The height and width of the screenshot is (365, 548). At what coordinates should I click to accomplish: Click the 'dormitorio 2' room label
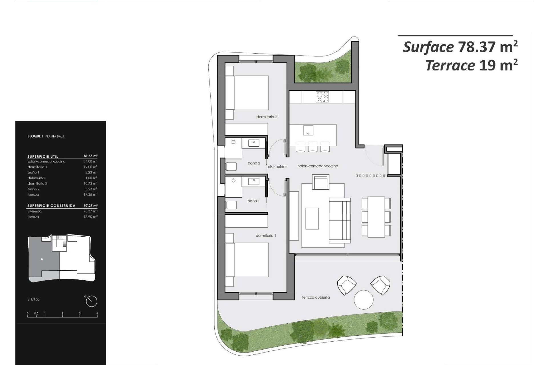pos(267,117)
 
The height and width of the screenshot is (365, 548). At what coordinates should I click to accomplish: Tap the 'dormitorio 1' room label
pos(266,236)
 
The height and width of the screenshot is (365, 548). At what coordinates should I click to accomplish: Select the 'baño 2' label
pos(254,163)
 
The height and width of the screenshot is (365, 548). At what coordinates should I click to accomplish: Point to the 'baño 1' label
pos(253,201)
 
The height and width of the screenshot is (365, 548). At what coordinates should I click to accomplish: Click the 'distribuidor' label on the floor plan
pos(277,167)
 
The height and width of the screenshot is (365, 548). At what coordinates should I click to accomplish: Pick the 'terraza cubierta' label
pos(316,297)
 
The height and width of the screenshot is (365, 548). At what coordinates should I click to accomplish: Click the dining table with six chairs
pos(376,217)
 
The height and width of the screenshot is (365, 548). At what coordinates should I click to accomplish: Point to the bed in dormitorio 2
pos(247,93)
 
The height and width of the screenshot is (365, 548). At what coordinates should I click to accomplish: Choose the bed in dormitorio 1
pos(247,260)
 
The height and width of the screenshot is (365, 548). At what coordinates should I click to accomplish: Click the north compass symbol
pos(91,301)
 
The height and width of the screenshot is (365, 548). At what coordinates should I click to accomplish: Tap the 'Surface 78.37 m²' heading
pos(460,47)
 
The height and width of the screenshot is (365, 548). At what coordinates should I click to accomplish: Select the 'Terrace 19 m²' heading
pos(472,66)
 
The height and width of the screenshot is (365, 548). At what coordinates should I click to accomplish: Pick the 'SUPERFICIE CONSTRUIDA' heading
pos(51,206)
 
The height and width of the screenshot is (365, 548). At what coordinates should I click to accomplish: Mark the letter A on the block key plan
pos(42,259)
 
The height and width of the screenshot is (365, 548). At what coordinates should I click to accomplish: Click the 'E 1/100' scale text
pos(34,299)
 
